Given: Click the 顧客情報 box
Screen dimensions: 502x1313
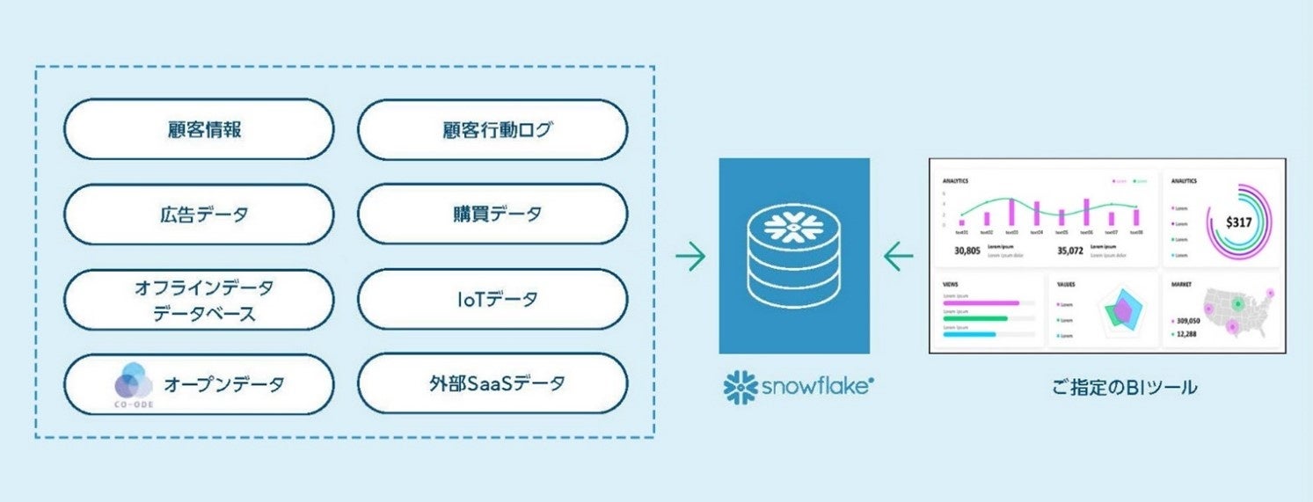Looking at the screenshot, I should point(199,129).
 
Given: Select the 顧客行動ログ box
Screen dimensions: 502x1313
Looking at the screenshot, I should point(492,129).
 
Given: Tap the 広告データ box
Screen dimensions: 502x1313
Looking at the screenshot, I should point(199,214).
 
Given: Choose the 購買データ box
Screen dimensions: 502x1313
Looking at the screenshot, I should point(492,214).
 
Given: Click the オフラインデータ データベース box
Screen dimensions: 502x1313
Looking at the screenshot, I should point(199,299).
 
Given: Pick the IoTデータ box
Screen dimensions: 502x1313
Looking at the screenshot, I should point(492,299).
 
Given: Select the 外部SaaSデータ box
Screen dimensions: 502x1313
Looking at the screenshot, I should point(492,383).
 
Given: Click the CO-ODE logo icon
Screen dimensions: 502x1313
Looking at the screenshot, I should point(135,383).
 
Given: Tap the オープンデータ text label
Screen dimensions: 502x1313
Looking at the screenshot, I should point(223,384).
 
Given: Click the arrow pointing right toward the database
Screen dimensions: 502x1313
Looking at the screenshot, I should point(690,257).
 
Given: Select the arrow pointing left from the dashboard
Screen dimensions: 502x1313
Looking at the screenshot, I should point(899,257).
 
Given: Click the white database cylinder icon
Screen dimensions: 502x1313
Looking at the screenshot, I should point(794,256).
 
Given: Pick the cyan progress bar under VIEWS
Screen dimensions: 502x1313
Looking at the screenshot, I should point(969,334).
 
